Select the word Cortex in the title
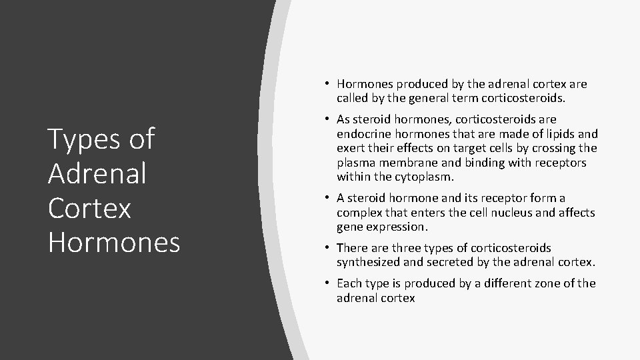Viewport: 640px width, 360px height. click(x=90, y=208)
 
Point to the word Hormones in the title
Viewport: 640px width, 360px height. click(x=114, y=243)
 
